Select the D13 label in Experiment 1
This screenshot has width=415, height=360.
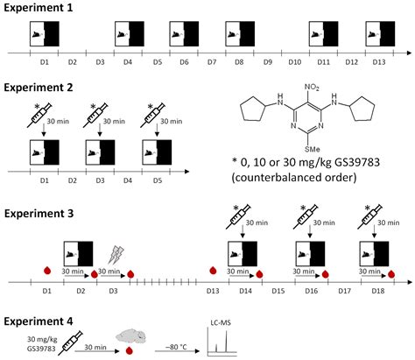pos(379,63)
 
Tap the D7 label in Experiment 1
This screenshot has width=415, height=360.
pos(211,63)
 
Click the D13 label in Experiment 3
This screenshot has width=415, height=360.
pos(213,290)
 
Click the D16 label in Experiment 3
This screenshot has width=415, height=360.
pos(311,290)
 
